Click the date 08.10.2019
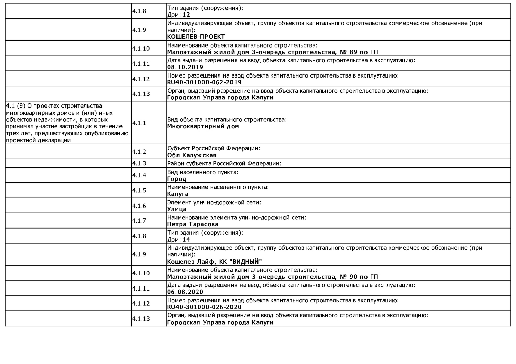pyautogui.click(x=185, y=67)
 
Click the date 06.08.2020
pyautogui.click(x=185, y=292)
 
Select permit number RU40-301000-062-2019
pyautogui.click(x=204, y=82)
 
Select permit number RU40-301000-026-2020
pyautogui.click(x=204, y=307)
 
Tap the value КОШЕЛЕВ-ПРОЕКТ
pyautogui.click(x=196, y=37)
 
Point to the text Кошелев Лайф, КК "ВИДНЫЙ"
pyautogui.click(x=215, y=262)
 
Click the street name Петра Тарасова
pyautogui.click(x=193, y=224)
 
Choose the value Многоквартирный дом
pyautogui.click(x=203, y=126)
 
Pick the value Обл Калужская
pyautogui.click(x=192, y=155)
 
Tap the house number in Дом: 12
pyautogui.click(x=186, y=15)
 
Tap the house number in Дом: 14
pyautogui.click(x=186, y=240)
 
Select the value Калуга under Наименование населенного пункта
pyautogui.click(x=178, y=194)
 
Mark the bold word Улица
pyautogui.click(x=177, y=209)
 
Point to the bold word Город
pyautogui.click(x=176, y=179)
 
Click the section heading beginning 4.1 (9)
pyautogui.click(x=67, y=123)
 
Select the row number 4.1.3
pyautogui.click(x=139, y=163)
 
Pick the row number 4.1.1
pyautogui.click(x=139, y=123)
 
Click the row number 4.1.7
pyautogui.click(x=139, y=221)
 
